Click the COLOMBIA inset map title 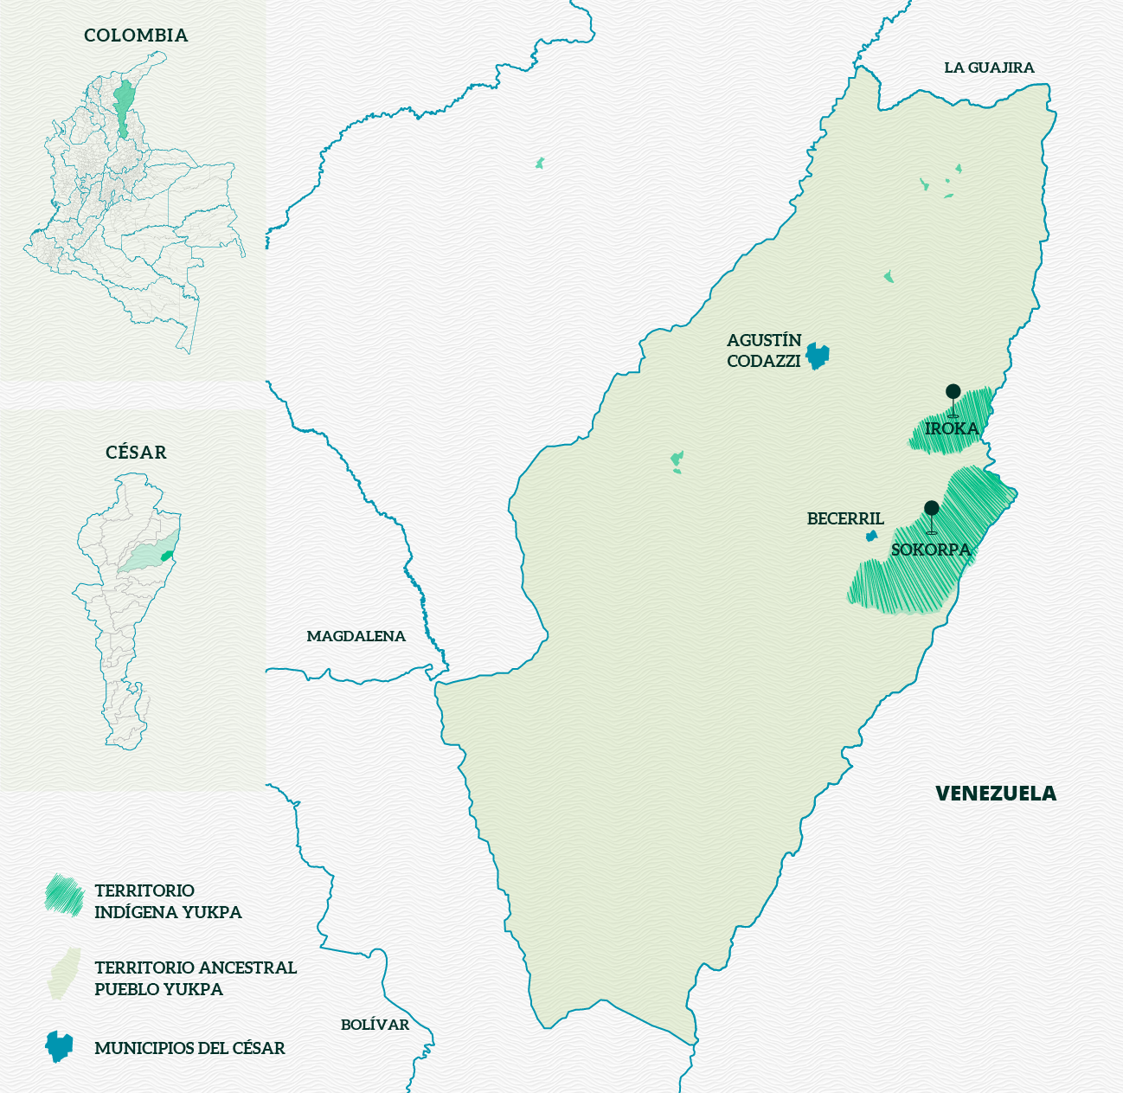coord(136,35)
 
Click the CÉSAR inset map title coord(136,453)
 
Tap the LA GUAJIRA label coord(989,68)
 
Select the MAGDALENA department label coord(356,636)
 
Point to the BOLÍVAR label coord(375,1025)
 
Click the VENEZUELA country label coord(996,794)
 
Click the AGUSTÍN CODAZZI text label coord(764,350)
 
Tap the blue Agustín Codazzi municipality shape coord(817,355)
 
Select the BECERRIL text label coord(845,518)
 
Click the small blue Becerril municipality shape coord(871,537)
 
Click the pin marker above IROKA coord(953,392)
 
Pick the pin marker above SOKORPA coord(931,508)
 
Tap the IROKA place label coord(952,428)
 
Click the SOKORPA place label coord(931,550)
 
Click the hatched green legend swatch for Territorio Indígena coord(64,895)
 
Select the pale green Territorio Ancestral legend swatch coord(65,974)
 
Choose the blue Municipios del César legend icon coord(59,1046)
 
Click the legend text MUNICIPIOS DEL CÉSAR coord(189,1048)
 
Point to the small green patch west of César coord(540,163)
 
